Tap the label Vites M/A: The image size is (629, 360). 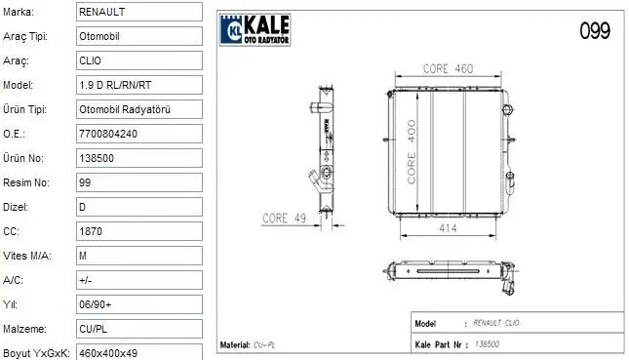point(27,256)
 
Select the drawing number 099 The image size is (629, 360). point(595,30)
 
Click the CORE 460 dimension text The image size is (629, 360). point(448,68)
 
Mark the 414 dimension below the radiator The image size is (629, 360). point(448,227)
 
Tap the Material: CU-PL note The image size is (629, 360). point(249,345)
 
